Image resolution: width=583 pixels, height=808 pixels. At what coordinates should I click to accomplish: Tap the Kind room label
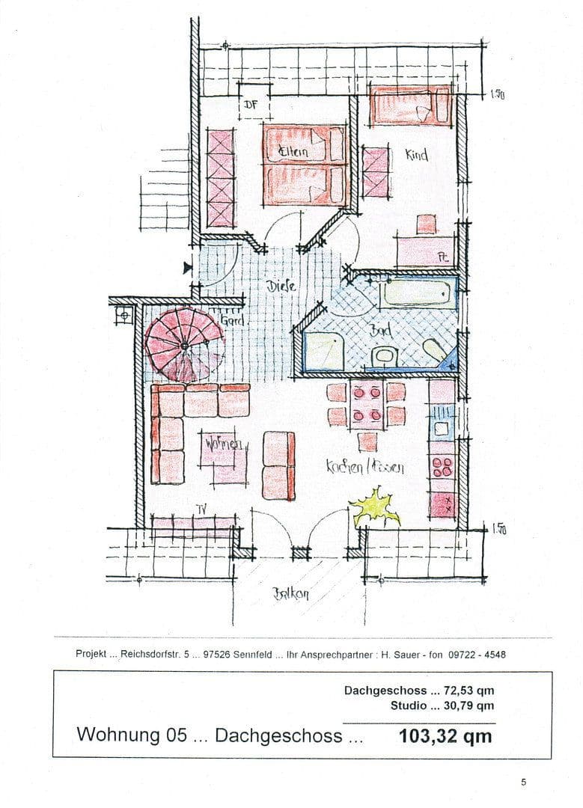click(x=416, y=155)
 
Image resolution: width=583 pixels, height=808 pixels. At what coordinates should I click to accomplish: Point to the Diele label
click(x=281, y=286)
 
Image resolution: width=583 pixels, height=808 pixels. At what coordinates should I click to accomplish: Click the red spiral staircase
click(x=182, y=344)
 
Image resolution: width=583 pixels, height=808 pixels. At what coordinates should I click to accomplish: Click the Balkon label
click(x=291, y=596)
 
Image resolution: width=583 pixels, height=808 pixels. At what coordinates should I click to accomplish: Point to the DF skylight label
click(x=250, y=105)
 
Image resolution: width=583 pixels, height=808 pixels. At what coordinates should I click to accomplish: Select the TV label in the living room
click(x=201, y=509)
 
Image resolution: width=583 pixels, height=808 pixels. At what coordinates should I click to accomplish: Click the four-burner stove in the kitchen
click(x=442, y=466)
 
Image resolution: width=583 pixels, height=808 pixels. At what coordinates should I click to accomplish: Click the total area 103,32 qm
click(x=446, y=735)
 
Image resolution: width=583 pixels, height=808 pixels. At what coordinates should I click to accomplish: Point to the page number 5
click(x=523, y=783)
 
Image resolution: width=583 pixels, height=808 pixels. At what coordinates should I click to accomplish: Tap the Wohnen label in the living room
click(x=222, y=444)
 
